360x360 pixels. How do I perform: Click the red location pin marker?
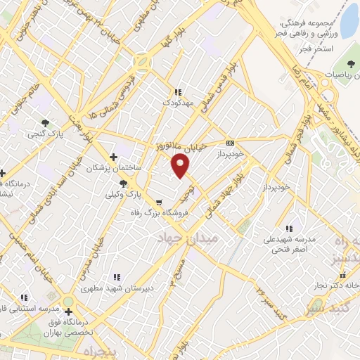coord(181,166)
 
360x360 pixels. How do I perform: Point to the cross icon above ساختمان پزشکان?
coord(114,157)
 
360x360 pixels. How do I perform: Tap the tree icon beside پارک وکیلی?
coord(124,183)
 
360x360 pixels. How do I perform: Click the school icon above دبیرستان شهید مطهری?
coord(117,277)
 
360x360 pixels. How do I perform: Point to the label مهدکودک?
coord(177,103)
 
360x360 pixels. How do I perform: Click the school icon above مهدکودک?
coord(178,92)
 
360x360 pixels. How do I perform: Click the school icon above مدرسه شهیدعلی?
coord(289,228)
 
